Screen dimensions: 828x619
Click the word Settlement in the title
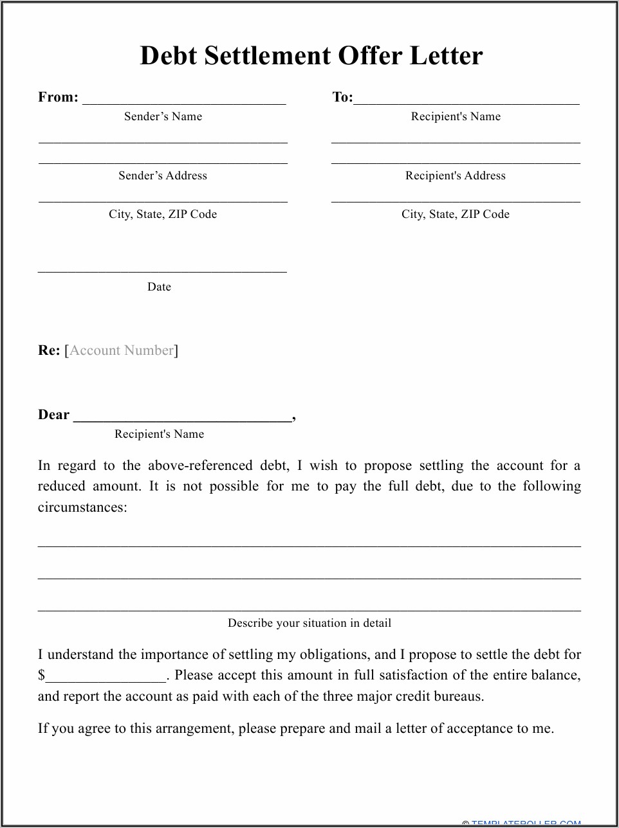(x=268, y=57)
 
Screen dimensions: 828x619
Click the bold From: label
(x=58, y=97)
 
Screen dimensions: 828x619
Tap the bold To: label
(x=342, y=97)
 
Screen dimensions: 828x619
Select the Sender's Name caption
(x=163, y=116)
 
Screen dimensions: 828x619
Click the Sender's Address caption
(x=163, y=175)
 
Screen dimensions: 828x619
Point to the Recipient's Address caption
(x=456, y=175)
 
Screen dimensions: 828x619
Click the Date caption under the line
(x=159, y=287)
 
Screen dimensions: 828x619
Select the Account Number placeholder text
(x=122, y=350)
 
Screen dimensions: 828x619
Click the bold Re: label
(x=48, y=350)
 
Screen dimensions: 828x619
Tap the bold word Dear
(x=53, y=415)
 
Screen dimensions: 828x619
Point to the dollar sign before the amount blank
(x=41, y=676)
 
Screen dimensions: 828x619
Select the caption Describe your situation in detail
(x=309, y=623)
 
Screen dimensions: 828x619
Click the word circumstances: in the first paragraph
(x=82, y=507)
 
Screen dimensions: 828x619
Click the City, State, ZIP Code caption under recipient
(x=456, y=214)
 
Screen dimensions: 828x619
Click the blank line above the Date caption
(x=162, y=271)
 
